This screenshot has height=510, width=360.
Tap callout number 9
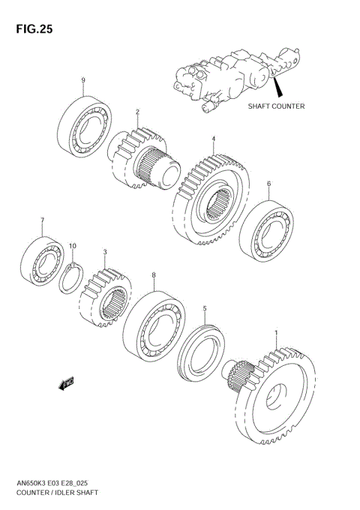[x=83, y=80]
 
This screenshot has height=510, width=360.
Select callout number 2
[x=138, y=112]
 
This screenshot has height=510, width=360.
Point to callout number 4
[x=213, y=139]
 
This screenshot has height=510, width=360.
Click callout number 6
[x=268, y=184]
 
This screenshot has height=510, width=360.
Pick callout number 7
[x=43, y=220]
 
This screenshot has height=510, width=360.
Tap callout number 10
[x=73, y=246]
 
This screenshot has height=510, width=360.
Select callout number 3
[x=105, y=253]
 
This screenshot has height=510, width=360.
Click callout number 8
[x=154, y=275]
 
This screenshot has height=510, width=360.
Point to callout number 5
[x=204, y=307]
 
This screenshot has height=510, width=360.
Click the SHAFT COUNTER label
[x=276, y=106]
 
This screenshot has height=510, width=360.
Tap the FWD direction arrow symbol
[x=64, y=382]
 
